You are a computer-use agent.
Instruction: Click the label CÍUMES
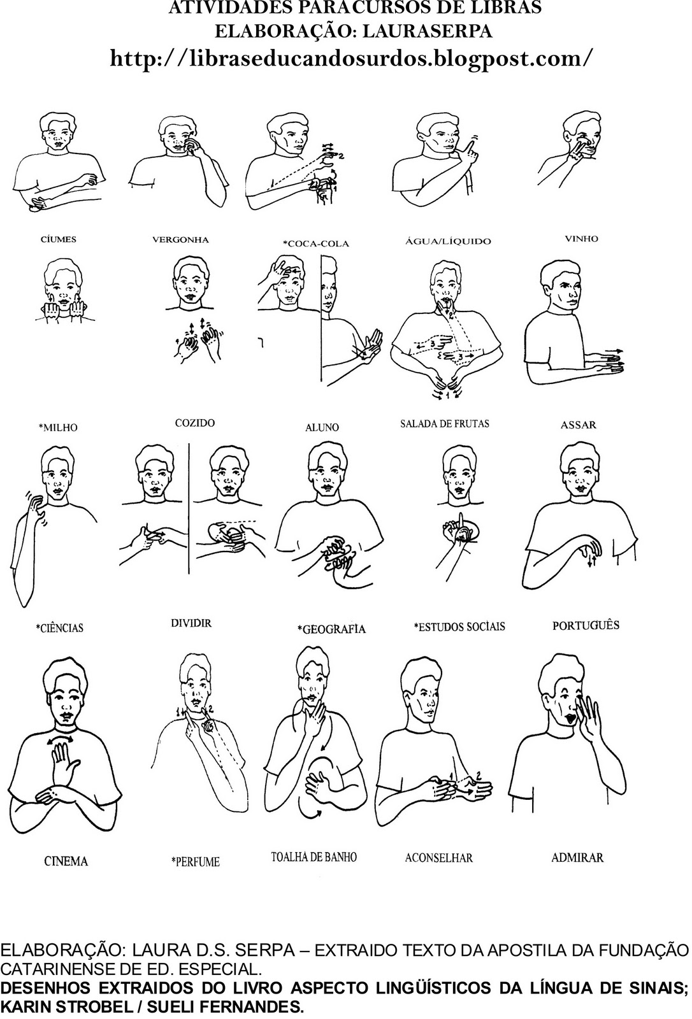(x=58, y=239)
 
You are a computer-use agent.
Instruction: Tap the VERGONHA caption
(x=181, y=239)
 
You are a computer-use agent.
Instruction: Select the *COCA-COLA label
(x=316, y=244)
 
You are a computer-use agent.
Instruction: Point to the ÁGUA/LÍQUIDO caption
(x=449, y=241)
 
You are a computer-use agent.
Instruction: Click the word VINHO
(x=581, y=238)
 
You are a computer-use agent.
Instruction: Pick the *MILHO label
(x=58, y=427)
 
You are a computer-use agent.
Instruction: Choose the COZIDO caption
(x=195, y=423)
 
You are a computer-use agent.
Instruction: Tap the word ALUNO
(x=322, y=427)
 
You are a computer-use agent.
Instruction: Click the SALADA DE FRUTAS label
(x=445, y=424)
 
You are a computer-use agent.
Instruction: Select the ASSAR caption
(x=578, y=425)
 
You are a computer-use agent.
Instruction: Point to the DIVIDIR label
(x=191, y=623)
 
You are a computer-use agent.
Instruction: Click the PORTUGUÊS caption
(x=586, y=625)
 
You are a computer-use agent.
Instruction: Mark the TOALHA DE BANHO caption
(x=314, y=857)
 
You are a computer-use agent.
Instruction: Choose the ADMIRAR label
(x=577, y=857)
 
